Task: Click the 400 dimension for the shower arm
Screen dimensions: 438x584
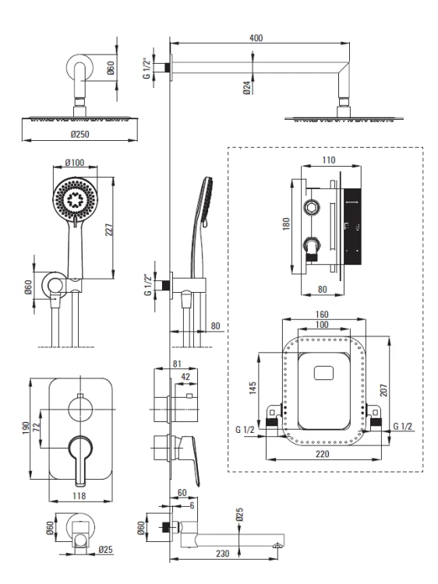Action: click(x=256, y=37)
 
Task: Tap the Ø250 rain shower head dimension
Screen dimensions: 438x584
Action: click(x=79, y=134)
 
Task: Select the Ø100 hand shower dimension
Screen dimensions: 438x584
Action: click(x=75, y=163)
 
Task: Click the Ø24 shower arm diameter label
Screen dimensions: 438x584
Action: click(x=247, y=87)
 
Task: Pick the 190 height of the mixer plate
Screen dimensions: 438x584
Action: click(x=26, y=429)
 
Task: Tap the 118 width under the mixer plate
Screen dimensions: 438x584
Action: click(x=79, y=496)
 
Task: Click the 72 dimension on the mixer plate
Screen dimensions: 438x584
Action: click(x=36, y=427)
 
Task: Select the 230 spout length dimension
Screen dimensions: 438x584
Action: click(x=223, y=554)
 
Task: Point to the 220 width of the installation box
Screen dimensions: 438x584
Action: click(x=323, y=454)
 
